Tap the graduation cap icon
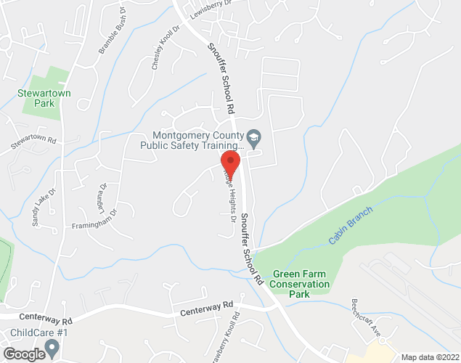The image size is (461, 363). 253,136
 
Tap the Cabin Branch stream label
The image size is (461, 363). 350,226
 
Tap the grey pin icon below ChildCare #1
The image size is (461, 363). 52,351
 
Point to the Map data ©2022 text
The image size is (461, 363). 431,357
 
